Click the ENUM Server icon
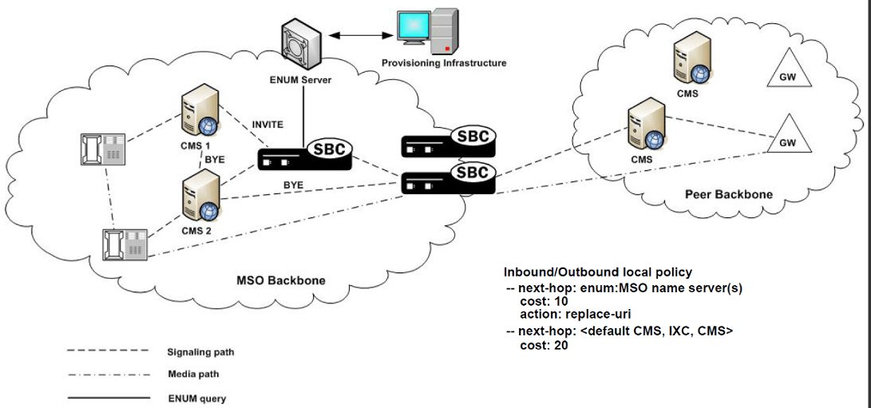click(302, 46)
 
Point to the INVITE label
click(267, 125)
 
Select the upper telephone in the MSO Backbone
click(102, 149)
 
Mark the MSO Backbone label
click(280, 280)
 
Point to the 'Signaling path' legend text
click(200, 352)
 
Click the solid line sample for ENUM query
click(108, 396)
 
